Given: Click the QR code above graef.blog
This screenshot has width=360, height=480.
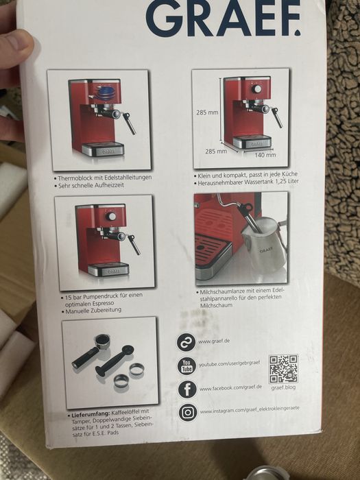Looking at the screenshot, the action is point(283,369).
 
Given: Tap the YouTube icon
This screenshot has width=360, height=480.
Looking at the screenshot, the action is point(187,365).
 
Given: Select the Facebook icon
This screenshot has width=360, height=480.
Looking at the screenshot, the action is point(187,389).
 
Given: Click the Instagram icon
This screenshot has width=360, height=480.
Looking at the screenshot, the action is point(188,413).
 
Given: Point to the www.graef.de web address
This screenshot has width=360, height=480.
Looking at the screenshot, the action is point(214,341).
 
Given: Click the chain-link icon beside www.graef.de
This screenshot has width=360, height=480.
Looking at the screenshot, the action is point(186,342).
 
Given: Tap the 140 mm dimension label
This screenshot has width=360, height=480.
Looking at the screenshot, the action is point(265,155).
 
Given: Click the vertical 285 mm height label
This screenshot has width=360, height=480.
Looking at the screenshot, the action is point(207,112).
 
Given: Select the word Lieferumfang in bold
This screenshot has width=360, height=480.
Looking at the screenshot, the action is point(91,415).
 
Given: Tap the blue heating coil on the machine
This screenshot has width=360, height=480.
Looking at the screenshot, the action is point(106,92).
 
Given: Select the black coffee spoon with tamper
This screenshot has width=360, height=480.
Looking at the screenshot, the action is point(114,361).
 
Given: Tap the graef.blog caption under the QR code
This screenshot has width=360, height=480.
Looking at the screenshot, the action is point(283,387).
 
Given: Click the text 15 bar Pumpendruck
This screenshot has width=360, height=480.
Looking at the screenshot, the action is point(91,297).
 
